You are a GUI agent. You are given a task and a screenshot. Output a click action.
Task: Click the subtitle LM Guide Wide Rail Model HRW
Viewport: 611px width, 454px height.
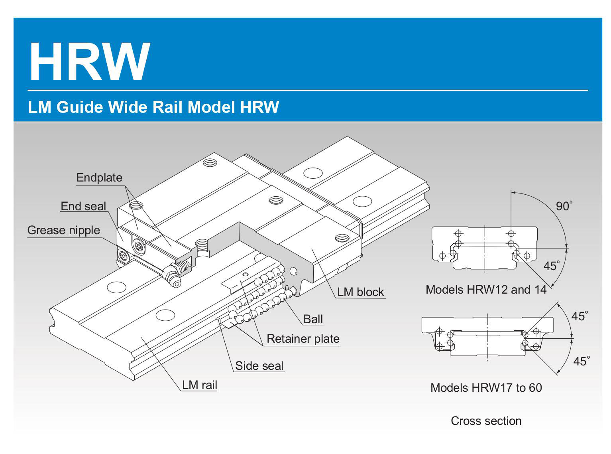coord(153,107)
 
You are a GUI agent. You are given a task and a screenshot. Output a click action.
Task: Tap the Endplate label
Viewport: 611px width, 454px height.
coord(99,178)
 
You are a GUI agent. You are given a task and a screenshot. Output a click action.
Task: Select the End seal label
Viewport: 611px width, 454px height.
coord(83,206)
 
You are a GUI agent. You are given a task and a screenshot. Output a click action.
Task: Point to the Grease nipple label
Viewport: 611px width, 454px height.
coord(63,230)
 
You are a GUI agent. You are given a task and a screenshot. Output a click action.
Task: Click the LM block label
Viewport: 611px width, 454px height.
coord(360,292)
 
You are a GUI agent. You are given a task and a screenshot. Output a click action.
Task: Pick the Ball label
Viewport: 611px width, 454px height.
coord(313,319)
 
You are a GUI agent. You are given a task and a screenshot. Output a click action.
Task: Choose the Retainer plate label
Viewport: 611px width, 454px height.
coord(303,339)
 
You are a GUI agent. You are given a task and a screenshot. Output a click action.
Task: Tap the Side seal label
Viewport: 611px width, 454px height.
coord(259,366)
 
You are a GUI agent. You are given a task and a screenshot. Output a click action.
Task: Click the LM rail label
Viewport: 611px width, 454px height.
coord(199,385)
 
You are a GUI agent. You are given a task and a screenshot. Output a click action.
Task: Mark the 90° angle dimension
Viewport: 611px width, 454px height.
coord(564,206)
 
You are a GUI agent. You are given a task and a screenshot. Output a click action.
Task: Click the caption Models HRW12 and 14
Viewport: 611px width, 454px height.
coord(486,289)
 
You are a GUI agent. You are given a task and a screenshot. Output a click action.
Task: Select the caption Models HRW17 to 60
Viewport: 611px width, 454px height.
coord(486,387)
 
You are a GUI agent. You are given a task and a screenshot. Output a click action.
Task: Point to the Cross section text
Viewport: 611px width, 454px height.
coord(486,421)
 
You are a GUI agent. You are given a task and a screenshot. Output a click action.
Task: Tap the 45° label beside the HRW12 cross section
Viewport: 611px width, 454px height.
coord(552,266)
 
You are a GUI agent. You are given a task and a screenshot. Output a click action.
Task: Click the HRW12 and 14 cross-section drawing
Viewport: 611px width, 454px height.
coord(485,248)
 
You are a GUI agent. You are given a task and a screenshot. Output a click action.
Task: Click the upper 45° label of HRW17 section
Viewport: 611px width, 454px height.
coord(580,316)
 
